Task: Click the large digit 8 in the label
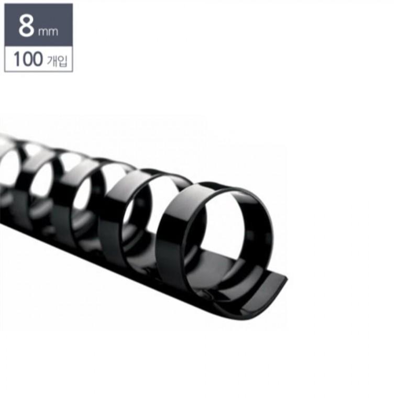pyautogui.click(x=26, y=26)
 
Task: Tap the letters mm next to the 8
pyautogui.click(x=48, y=31)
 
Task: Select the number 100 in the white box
pyautogui.click(x=28, y=59)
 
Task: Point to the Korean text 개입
pyautogui.click(x=57, y=60)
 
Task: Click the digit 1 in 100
pyautogui.click(x=17, y=59)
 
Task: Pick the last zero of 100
pyautogui.click(x=37, y=59)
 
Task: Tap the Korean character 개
pyautogui.click(x=52, y=60)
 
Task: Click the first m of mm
pyautogui.click(x=43, y=31)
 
